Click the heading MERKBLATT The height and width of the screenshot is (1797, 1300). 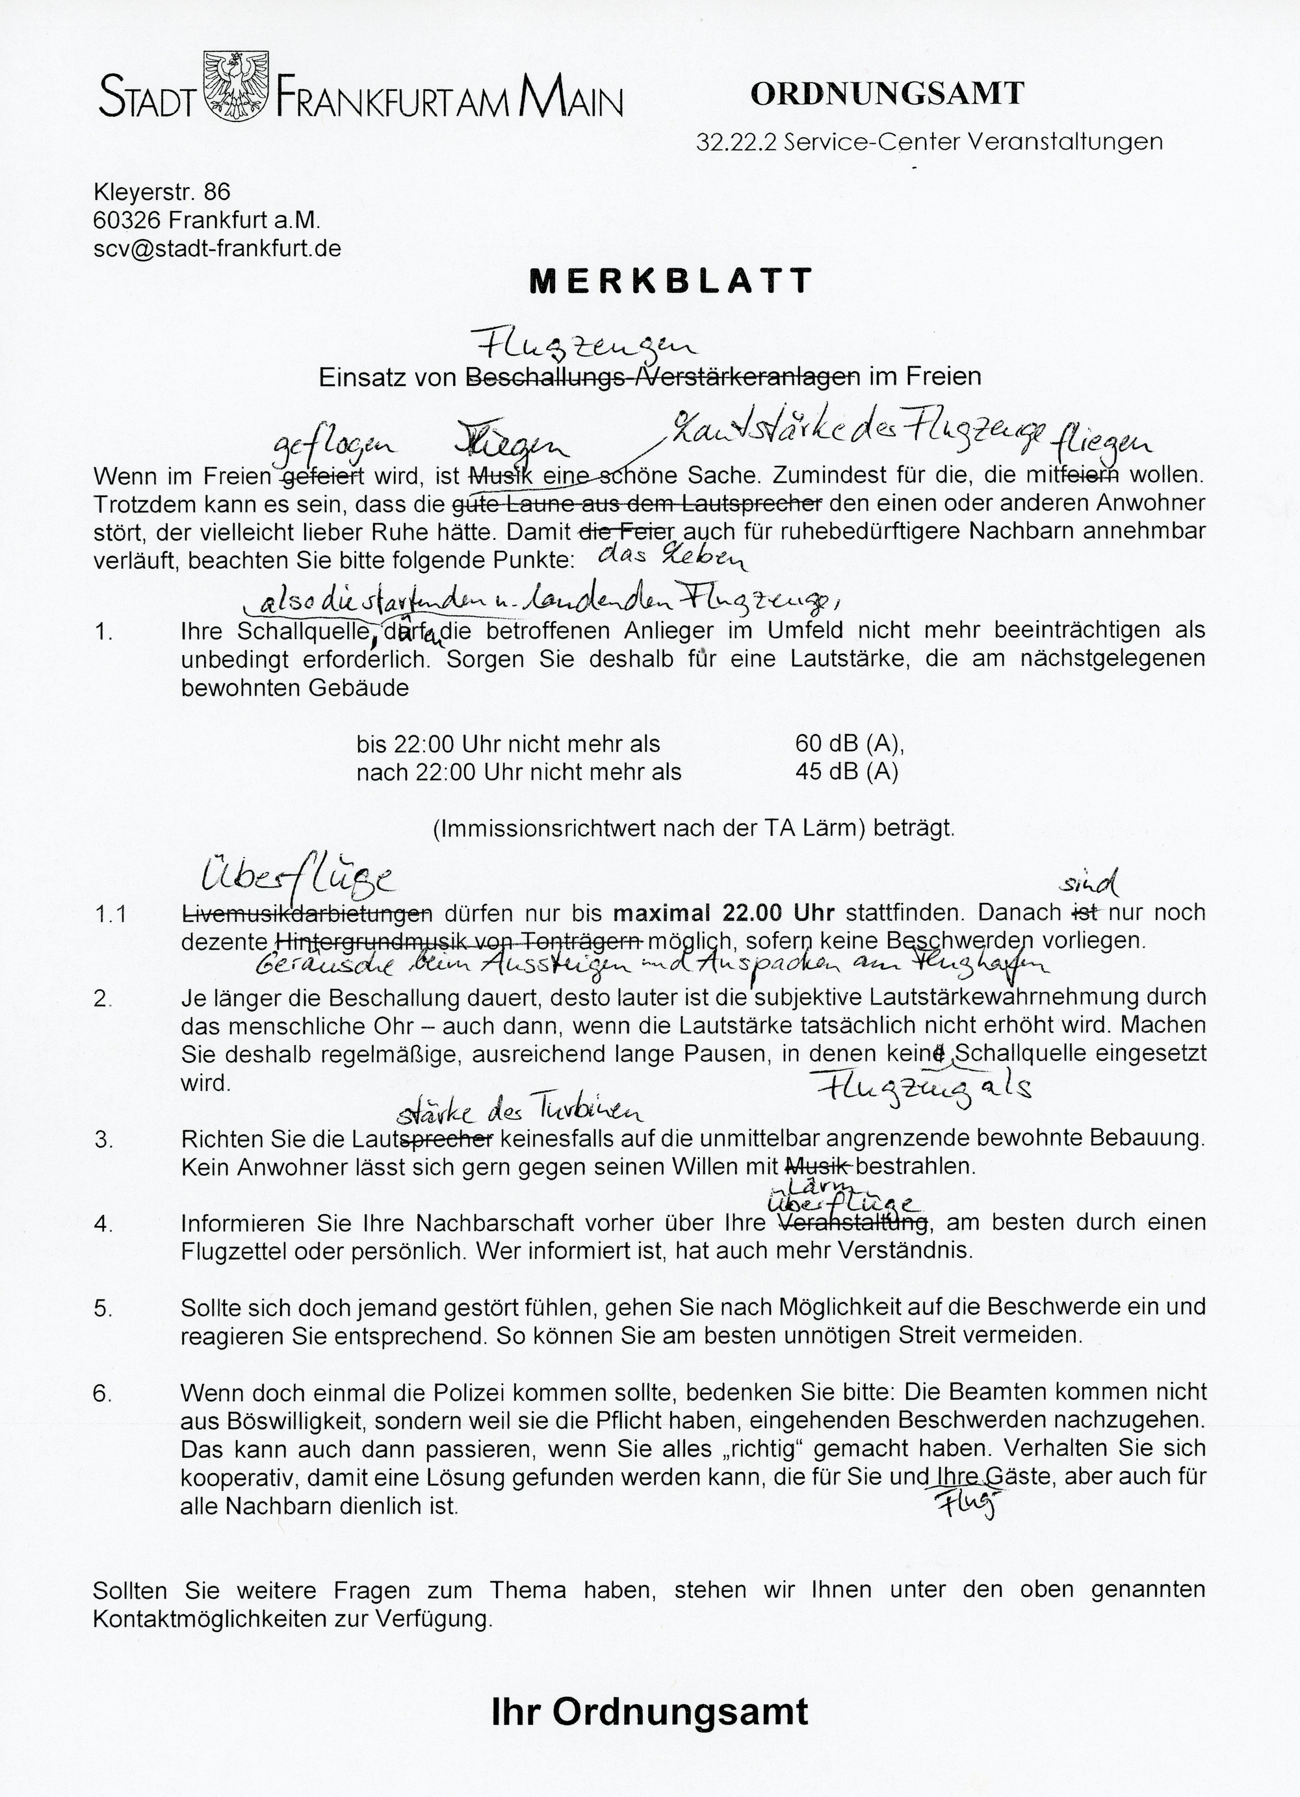(x=671, y=280)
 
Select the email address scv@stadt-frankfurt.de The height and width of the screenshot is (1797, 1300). (x=217, y=248)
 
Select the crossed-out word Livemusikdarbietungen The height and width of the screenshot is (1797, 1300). (x=307, y=913)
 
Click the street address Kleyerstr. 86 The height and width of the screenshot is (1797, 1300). (x=162, y=191)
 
